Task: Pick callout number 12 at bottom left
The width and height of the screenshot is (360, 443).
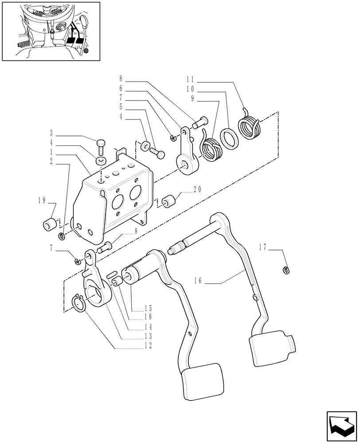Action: [148, 345]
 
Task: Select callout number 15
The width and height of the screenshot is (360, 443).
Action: [148, 309]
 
